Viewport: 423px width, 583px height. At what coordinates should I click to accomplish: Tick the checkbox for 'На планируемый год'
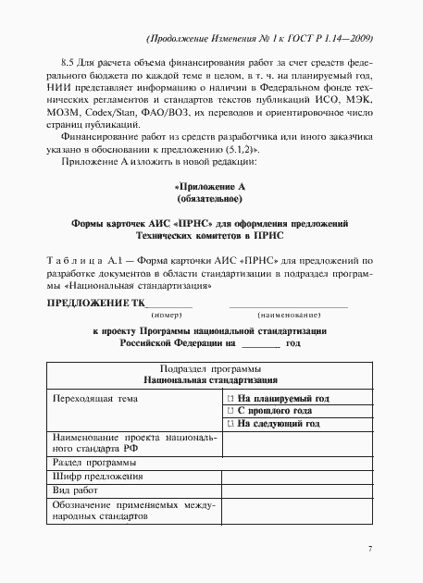pyautogui.click(x=230, y=398)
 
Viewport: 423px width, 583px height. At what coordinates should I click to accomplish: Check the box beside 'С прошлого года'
pyautogui.click(x=230, y=410)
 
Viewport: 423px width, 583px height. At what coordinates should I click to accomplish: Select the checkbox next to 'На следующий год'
pyautogui.click(x=230, y=423)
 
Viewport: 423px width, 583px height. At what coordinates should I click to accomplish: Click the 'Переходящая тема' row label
pyautogui.click(x=95, y=398)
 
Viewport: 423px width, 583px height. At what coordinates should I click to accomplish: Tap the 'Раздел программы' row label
pyautogui.click(x=95, y=462)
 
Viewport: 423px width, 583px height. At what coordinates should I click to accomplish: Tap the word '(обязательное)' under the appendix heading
pyautogui.click(x=209, y=198)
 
